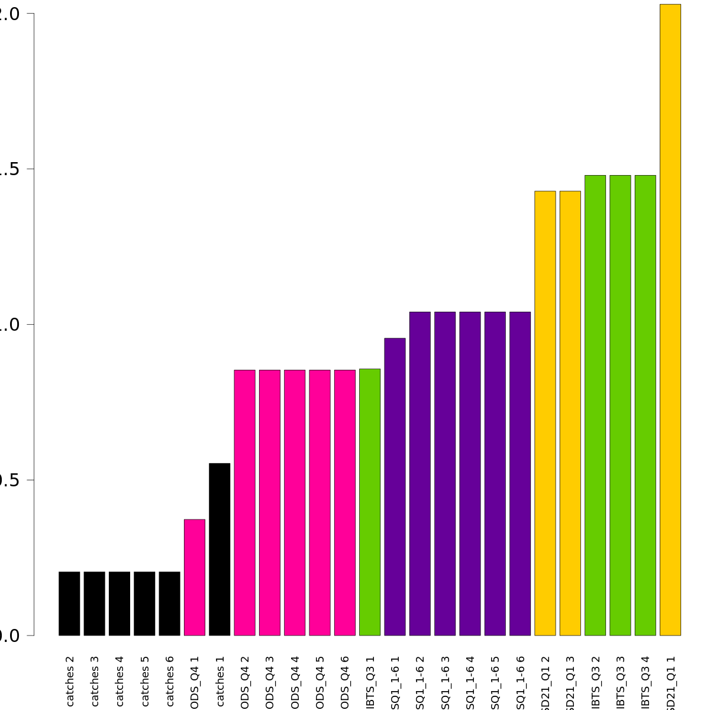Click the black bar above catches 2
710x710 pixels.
(69, 603)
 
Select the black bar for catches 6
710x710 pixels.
(169, 603)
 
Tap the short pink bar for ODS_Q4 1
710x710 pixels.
(195, 577)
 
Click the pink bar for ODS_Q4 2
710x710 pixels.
(244, 503)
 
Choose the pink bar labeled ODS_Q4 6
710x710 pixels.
(345, 503)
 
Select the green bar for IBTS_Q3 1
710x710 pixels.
(370, 502)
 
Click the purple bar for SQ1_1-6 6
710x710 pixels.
(520, 473)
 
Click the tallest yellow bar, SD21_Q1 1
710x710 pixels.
(670, 319)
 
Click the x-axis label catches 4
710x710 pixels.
(120, 686)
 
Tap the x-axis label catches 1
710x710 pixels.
(220, 686)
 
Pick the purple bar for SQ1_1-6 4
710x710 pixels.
(470, 473)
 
